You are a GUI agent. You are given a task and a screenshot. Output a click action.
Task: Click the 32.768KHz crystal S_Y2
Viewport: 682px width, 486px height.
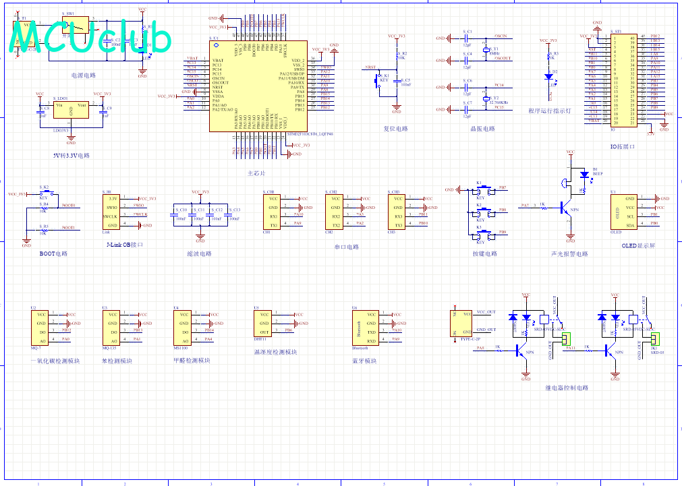tap(485, 100)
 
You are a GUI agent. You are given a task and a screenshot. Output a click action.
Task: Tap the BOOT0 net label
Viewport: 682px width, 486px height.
tap(68, 205)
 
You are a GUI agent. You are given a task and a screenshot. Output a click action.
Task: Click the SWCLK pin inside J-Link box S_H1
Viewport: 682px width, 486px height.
tap(113, 216)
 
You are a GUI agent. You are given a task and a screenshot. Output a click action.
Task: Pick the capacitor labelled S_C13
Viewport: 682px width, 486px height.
tap(229, 214)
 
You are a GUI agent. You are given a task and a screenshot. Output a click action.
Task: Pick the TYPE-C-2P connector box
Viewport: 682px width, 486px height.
tap(463, 323)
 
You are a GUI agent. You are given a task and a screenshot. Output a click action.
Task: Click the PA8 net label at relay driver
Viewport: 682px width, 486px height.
tap(480, 348)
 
